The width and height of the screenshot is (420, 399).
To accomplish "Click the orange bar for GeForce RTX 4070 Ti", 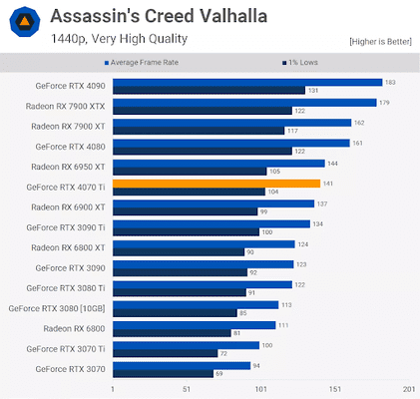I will (215, 184).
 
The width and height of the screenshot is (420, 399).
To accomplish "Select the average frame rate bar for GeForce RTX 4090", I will (246, 82).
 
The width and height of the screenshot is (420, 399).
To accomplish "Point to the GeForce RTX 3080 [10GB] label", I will (59, 309).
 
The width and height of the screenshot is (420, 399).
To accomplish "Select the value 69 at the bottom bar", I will (219, 373).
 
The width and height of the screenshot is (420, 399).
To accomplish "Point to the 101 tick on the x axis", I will (260, 389).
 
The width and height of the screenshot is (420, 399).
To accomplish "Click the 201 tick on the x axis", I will (407, 389).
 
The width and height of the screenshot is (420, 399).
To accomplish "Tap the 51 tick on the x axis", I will (187, 389).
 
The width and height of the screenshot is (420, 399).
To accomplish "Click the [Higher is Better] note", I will (380, 42).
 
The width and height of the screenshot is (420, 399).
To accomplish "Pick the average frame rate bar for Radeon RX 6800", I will (194, 325).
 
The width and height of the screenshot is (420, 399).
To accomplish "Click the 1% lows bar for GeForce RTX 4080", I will (202, 151).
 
